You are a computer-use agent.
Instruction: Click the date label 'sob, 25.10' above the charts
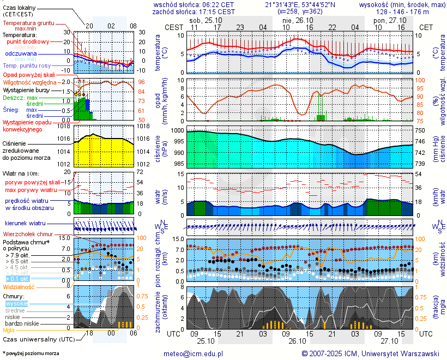[202, 20]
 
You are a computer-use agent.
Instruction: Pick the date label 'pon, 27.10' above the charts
[386, 20]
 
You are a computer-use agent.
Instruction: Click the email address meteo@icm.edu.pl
[194, 354]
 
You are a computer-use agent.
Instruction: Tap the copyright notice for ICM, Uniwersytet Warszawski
[370, 354]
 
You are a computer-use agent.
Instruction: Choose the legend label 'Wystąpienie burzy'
[26, 89]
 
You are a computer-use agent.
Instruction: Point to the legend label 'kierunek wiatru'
[25, 224]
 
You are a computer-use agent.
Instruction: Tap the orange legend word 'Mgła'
[9, 330]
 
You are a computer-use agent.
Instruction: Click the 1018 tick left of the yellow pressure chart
[65, 127]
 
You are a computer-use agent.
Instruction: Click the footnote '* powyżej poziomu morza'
[31, 353]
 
